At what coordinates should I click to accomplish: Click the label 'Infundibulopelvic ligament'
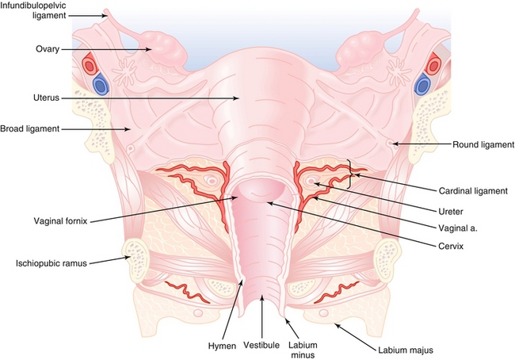(32, 10)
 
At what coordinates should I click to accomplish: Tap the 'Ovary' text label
(48, 49)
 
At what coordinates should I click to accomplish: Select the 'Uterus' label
(46, 98)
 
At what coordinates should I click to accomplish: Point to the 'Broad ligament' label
(30, 128)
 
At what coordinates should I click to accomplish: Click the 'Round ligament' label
(483, 144)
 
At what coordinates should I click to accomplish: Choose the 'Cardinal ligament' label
(473, 190)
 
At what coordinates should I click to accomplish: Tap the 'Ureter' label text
(451, 212)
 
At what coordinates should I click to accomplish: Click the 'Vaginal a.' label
(458, 228)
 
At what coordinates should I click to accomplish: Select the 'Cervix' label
(451, 246)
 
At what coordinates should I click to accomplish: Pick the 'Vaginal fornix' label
(61, 221)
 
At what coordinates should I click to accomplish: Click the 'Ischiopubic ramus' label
(51, 263)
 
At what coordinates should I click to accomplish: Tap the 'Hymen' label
(222, 346)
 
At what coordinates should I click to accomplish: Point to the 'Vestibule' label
(261, 345)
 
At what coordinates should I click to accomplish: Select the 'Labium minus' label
(303, 350)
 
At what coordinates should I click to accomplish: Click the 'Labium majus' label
(406, 350)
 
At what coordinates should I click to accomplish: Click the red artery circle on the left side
(90, 66)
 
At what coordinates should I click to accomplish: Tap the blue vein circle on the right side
(423, 85)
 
